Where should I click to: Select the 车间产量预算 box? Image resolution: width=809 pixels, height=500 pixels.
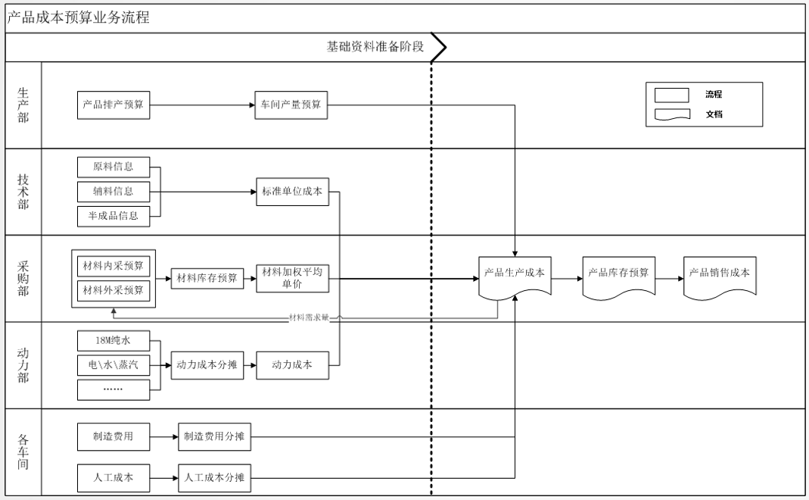(291, 105)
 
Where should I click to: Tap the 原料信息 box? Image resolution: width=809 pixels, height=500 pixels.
(114, 167)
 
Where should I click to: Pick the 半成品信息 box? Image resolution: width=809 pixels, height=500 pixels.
(114, 216)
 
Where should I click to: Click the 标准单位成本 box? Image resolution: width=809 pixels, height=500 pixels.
(291, 192)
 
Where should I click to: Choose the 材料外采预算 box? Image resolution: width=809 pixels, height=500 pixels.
(114, 290)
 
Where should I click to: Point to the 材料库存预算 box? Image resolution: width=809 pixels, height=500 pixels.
(207, 278)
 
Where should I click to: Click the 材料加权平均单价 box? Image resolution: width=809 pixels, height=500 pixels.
(291, 278)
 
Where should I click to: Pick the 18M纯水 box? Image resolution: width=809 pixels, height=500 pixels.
(114, 340)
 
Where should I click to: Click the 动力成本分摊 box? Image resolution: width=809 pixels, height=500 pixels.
(207, 365)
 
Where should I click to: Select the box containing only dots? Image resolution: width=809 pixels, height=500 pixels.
(114, 389)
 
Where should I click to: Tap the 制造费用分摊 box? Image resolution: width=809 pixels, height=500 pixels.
(214, 436)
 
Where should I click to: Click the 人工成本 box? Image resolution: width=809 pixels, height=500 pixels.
(114, 478)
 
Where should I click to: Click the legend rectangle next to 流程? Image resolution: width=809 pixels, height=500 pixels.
(671, 95)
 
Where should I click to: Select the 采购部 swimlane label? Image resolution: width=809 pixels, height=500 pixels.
(23, 279)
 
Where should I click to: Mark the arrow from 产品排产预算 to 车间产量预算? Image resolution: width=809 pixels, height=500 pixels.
(203, 105)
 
